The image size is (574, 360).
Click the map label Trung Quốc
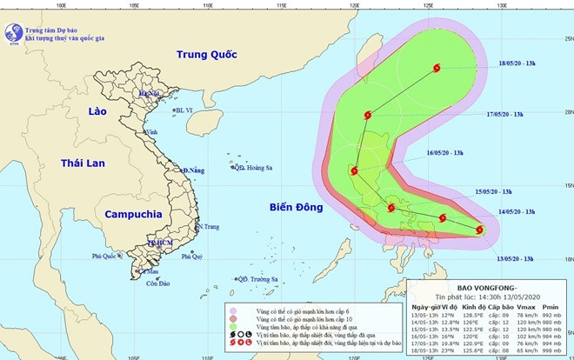tap(207, 55)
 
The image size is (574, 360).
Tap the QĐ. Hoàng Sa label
tap(254, 168)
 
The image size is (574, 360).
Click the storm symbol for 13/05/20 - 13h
tap(480, 230)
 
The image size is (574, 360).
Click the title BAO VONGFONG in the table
tap(486, 289)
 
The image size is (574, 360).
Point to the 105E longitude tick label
tap(133, 4)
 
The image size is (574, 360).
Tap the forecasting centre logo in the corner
tap(14, 32)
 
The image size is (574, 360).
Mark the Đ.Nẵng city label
tap(193, 170)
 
